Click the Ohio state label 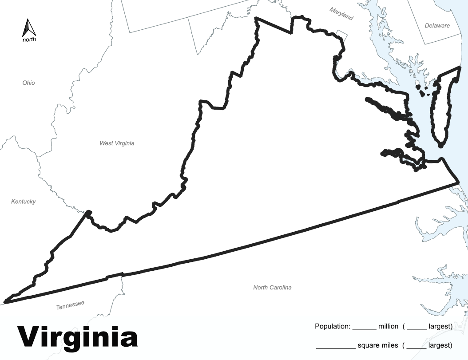(28, 83)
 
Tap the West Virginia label (117, 143)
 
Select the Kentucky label (23, 202)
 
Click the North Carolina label (272, 288)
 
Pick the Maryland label (341, 14)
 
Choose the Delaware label (437, 26)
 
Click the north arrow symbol (29, 28)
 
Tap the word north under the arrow (29, 40)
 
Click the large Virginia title (77, 336)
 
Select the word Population (333, 327)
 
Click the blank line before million (365, 328)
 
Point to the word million (388, 327)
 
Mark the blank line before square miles (336, 347)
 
